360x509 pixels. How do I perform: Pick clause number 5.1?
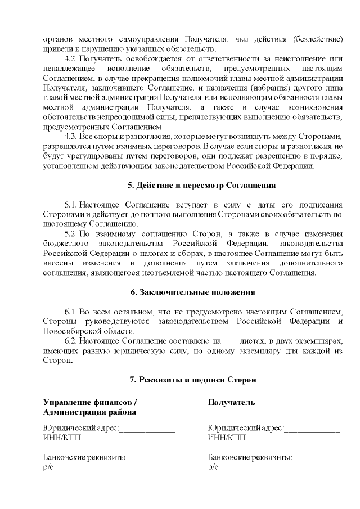tap(71, 203)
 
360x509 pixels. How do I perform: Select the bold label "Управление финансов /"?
tap(90, 402)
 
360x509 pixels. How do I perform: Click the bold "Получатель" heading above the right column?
tap(231, 402)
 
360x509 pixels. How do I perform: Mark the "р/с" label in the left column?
tap(48, 467)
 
